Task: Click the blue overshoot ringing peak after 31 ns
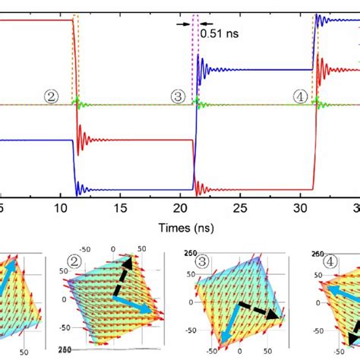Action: pyautogui.click(x=319, y=18)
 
